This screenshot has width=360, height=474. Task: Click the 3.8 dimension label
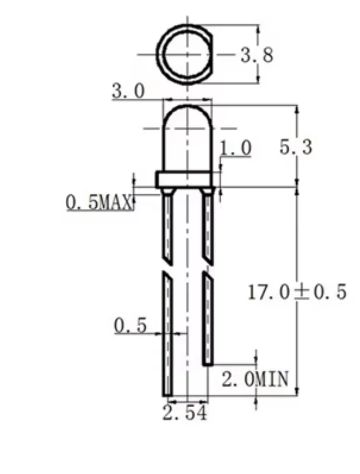257,55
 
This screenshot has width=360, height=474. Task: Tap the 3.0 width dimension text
128,91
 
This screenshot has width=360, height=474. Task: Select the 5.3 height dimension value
296,147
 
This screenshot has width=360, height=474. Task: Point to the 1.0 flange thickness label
235,148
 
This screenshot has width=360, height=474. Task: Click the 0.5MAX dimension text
100,202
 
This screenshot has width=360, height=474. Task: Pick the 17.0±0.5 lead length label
297,292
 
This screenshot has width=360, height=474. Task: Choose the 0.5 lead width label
130,325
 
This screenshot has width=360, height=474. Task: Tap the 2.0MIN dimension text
255,379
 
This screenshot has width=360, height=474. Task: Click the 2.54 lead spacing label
185,413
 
